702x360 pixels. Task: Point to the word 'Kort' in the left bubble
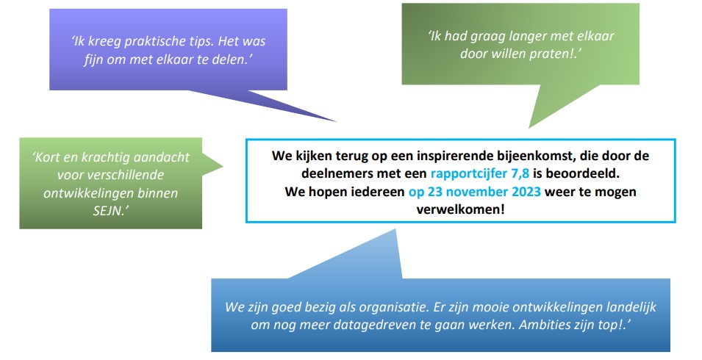[x=46, y=157]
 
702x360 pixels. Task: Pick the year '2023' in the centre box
[x=520, y=192]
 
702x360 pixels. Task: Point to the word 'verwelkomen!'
[x=460, y=209]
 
